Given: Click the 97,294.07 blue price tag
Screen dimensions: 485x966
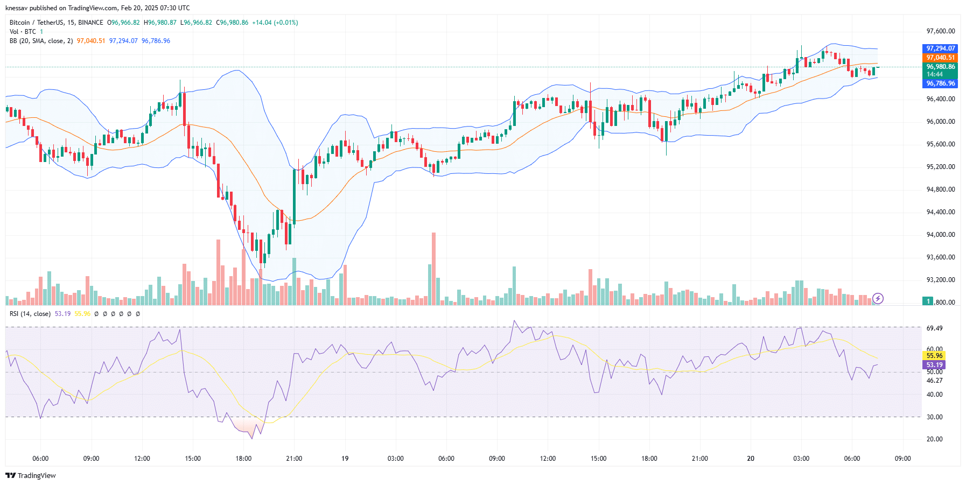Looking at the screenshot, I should click(940, 48).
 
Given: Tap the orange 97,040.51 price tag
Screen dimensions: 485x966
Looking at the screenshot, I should click(940, 58).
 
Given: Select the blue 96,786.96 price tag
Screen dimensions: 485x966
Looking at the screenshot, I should click(940, 83).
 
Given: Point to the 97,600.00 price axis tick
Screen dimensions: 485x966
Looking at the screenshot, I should click(940, 31).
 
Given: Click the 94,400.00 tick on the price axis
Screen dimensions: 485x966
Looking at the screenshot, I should click(940, 212).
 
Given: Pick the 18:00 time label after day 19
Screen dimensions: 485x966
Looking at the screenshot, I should click(649, 459).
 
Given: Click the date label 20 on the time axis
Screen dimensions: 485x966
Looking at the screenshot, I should click(751, 459).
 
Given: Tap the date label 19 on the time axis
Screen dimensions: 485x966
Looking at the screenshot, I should click(345, 459).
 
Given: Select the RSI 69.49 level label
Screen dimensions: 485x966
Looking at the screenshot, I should click(934, 328).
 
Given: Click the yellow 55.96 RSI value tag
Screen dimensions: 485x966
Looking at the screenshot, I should click(934, 356).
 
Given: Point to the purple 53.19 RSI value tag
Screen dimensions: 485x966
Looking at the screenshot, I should click(934, 365).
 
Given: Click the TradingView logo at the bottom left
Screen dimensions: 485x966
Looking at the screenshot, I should click(31, 475).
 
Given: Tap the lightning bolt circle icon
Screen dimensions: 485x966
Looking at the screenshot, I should click(878, 298).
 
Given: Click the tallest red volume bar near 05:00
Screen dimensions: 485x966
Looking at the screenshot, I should click(433, 269).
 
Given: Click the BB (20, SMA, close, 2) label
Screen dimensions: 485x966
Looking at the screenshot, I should click(41, 41).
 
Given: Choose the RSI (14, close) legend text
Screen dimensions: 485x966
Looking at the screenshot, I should click(30, 314).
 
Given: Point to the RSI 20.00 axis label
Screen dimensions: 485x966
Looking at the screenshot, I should click(934, 439).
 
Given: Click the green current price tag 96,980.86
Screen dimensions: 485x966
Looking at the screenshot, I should click(940, 67).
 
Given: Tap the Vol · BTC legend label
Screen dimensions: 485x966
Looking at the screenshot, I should click(23, 32).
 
